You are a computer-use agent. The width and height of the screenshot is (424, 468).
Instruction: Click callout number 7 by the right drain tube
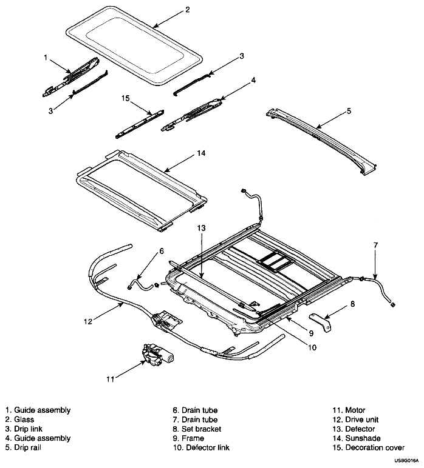click(x=375, y=245)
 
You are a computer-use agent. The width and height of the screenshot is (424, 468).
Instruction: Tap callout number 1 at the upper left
click(x=46, y=58)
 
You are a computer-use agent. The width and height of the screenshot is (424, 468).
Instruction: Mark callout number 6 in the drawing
click(x=161, y=250)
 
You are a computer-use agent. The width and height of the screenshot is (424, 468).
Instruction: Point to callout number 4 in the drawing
click(x=254, y=80)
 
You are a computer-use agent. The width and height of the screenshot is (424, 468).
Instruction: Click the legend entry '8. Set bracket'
click(x=197, y=429)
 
